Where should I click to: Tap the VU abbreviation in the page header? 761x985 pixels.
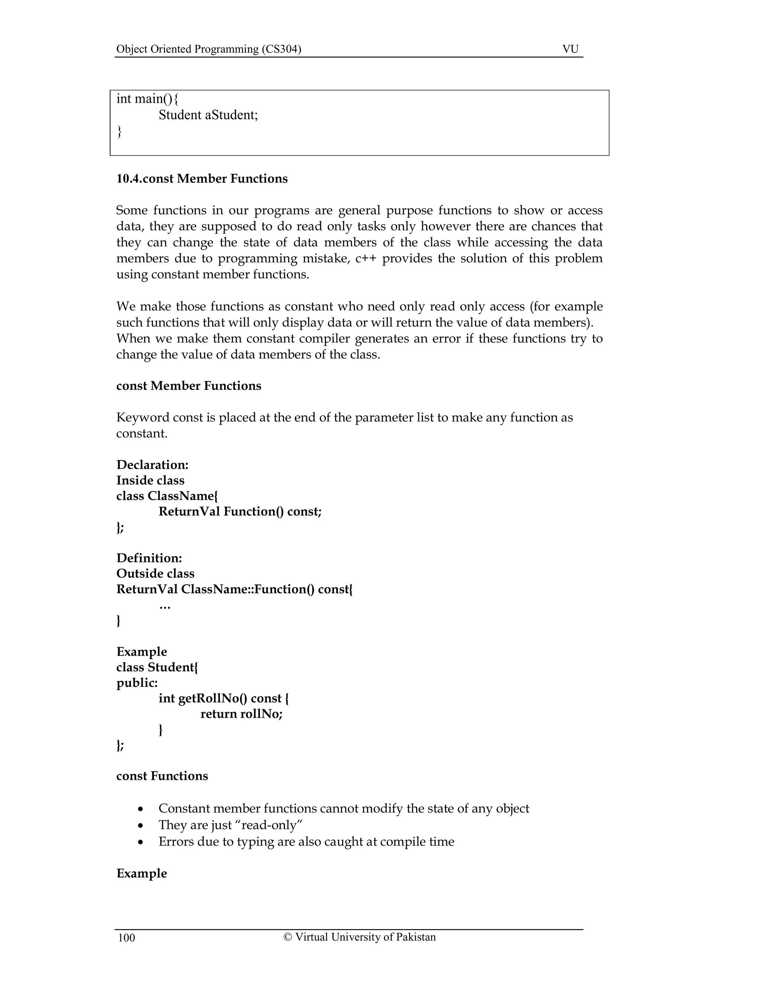pyautogui.click(x=570, y=49)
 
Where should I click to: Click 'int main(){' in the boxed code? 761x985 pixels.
pyautogui.click(x=148, y=98)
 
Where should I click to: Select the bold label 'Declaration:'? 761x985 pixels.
pyautogui.click(x=152, y=465)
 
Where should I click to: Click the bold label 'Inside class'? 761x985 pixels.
pyautogui.click(x=150, y=480)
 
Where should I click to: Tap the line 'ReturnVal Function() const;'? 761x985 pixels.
pyautogui.click(x=240, y=511)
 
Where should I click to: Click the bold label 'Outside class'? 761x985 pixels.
pyautogui.click(x=155, y=574)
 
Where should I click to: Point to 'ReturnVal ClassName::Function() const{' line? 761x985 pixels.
pyautogui.click(x=234, y=589)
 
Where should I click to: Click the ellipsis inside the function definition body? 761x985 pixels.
pyautogui.click(x=165, y=607)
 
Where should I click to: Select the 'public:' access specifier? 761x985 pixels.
pyautogui.click(x=137, y=683)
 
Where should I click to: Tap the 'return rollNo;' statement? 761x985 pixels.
pyautogui.click(x=241, y=714)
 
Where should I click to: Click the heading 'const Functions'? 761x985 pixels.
pyautogui.click(x=162, y=776)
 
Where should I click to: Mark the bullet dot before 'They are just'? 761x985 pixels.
pyautogui.click(x=141, y=826)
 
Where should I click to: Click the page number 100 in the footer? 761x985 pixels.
pyautogui.click(x=127, y=938)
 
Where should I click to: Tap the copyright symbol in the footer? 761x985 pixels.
pyautogui.click(x=288, y=937)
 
